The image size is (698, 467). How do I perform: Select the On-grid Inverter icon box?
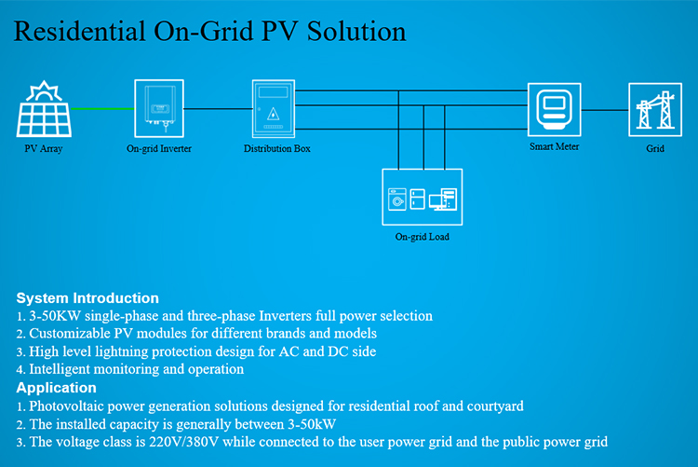[x=159, y=108]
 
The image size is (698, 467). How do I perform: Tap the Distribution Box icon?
[x=274, y=108]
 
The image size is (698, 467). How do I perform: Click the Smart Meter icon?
[x=555, y=109]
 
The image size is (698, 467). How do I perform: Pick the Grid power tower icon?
[x=655, y=109]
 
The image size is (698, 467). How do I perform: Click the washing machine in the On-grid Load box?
[x=397, y=199]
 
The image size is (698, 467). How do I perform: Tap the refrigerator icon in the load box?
[x=417, y=199]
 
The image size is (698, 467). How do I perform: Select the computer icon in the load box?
[x=443, y=199]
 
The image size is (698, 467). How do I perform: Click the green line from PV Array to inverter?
[x=102, y=108]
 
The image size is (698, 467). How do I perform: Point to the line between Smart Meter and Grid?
[x=605, y=110]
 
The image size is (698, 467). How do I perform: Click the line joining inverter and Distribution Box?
[x=218, y=108]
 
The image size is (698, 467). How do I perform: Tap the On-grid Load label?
[x=422, y=237]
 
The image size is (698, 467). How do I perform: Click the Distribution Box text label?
[x=277, y=148]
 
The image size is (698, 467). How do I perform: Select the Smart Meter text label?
[x=555, y=146]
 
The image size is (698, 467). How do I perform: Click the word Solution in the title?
[x=356, y=31]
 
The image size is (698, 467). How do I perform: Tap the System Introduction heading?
[x=87, y=298]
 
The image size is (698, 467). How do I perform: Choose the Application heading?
[x=56, y=388]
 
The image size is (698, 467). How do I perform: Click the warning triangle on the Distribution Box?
[x=273, y=115]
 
